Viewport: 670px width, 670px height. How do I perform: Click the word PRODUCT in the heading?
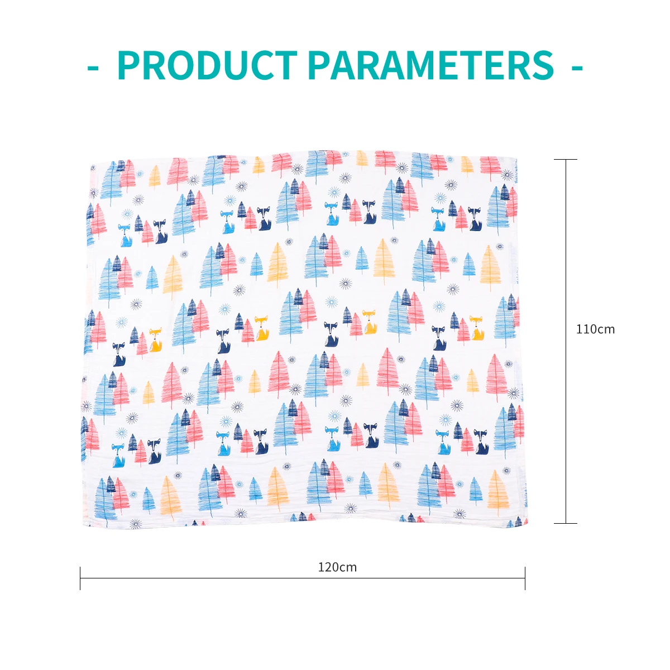(x=207, y=66)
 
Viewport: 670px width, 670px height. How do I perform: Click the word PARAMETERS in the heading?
(x=430, y=66)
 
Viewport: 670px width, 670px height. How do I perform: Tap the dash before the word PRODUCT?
(x=93, y=68)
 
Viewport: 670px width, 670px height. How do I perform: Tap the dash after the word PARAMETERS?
(x=577, y=68)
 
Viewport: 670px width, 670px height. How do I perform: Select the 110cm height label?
(x=595, y=329)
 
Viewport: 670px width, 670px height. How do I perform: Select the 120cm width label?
(x=337, y=567)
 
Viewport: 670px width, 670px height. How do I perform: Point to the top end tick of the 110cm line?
(x=566, y=160)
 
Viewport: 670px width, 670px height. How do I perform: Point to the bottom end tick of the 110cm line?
(x=566, y=523)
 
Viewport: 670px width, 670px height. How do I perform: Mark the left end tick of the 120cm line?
(x=80, y=578)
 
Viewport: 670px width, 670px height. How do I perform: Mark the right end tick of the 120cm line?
(x=525, y=578)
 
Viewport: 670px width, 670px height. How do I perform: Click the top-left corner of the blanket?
(x=92, y=164)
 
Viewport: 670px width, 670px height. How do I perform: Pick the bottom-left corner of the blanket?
(x=84, y=527)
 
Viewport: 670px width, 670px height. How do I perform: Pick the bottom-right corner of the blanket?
(x=528, y=525)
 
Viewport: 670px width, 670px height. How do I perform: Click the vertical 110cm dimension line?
(x=566, y=251)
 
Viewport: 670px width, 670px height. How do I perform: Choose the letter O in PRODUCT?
(x=183, y=66)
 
